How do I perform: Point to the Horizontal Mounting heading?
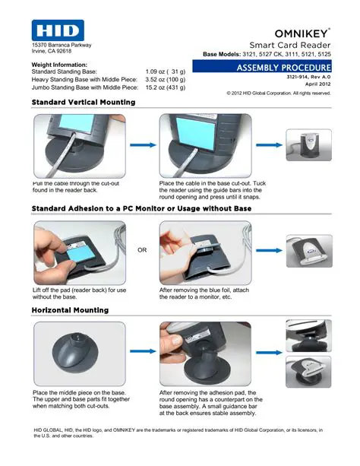tap(70, 310)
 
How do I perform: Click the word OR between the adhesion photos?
tap(141, 249)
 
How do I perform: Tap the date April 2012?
tap(317, 84)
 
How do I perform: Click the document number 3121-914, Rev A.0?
tap(308, 78)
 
